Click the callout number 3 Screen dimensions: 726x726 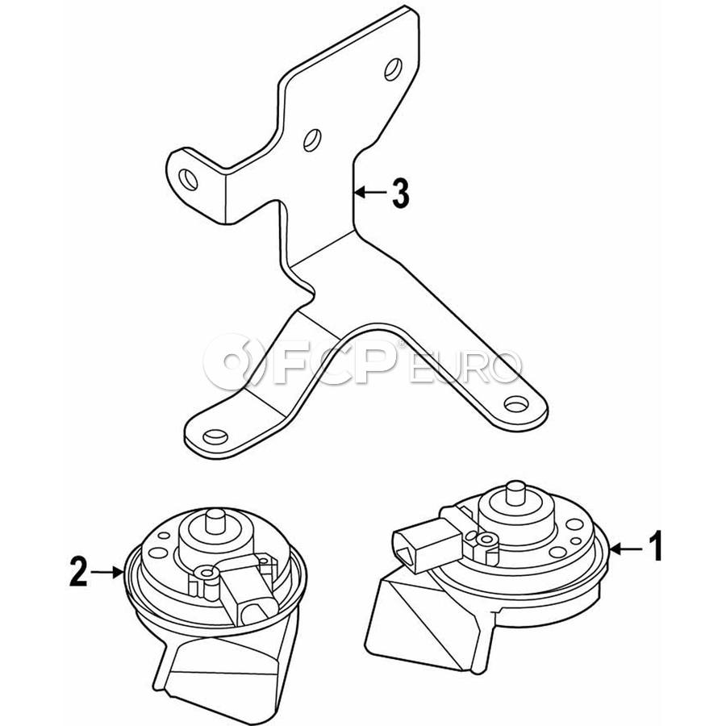(x=400, y=193)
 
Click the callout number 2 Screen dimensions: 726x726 (x=78, y=572)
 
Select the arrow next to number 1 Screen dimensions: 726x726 (x=625, y=549)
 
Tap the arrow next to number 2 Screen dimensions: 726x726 (x=107, y=573)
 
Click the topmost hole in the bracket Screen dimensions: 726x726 (x=393, y=69)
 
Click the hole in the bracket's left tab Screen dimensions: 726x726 (x=189, y=179)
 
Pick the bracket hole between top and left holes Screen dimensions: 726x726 (x=312, y=140)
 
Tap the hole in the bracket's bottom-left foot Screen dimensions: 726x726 (x=215, y=436)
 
